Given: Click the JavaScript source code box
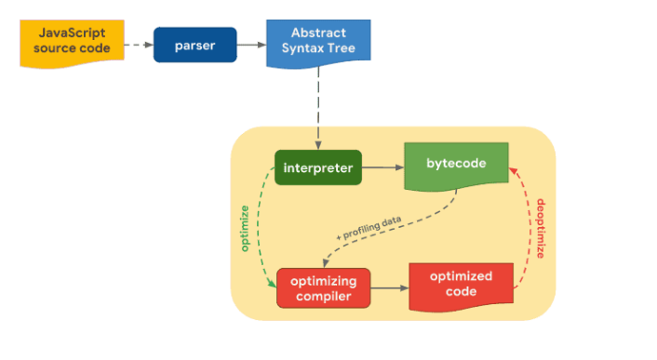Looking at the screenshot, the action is (x=72, y=43).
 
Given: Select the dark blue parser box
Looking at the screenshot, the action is (x=195, y=45).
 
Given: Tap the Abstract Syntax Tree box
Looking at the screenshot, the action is (x=318, y=43).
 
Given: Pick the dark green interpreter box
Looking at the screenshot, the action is (x=318, y=167).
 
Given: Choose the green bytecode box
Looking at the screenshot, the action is (x=456, y=167).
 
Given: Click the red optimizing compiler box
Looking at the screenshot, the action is (x=324, y=288).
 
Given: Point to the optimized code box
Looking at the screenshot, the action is (x=461, y=287).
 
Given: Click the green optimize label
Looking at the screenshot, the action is (x=245, y=229).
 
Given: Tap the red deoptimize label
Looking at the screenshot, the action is (x=541, y=229).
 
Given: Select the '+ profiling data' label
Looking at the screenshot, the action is (x=369, y=228).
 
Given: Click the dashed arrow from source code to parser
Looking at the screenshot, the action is (x=139, y=45).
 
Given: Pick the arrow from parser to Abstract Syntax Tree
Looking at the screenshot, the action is (x=252, y=45).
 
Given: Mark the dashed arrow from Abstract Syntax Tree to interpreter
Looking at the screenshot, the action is (x=318, y=108).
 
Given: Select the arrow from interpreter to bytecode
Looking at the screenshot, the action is (x=383, y=167).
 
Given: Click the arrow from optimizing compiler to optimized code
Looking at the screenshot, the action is (x=390, y=288).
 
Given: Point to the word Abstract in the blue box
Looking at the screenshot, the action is (x=318, y=33).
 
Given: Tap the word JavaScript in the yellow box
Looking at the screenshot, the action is (x=72, y=33).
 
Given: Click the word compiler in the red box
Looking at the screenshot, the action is (x=324, y=297).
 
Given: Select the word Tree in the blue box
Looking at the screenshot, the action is (x=342, y=48).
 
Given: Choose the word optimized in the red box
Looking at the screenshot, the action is (x=461, y=276).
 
